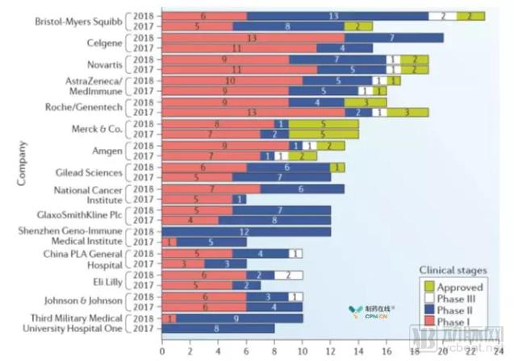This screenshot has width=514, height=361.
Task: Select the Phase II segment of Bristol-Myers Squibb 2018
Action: pos(337,16)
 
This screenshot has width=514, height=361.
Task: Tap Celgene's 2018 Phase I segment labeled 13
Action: pos(253,37)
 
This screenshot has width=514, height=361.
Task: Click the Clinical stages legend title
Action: pos(451,271)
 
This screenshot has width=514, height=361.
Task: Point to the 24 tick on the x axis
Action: pos(498,352)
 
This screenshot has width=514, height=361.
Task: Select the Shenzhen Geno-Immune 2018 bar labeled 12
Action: pos(246,230)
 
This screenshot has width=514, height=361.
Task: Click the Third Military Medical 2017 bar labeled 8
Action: pos(218,328)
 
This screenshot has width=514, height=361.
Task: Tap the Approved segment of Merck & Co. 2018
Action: pos(324,123)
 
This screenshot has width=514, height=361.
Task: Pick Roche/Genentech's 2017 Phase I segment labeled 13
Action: pos(253,113)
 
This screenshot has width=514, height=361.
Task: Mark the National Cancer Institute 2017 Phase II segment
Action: pos(240,199)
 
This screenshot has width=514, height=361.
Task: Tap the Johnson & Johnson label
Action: pos(77,301)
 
